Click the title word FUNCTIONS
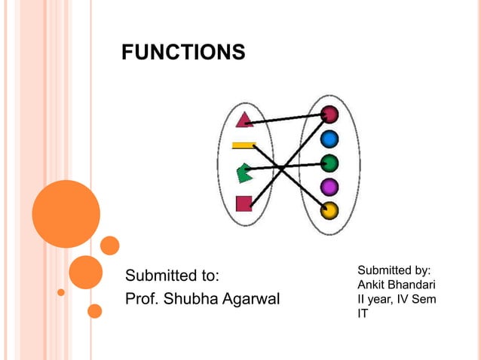pyautogui.click(x=183, y=52)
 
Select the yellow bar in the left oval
pyautogui.click(x=243, y=145)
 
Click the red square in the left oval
pyautogui.click(x=244, y=203)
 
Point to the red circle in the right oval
pyautogui.click(x=329, y=114)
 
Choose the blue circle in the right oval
pyautogui.click(x=329, y=139)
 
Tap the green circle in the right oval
pyautogui.click(x=329, y=162)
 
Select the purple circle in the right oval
pyautogui.click(x=329, y=186)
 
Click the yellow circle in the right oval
pyautogui.click(x=329, y=210)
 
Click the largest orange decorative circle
pyautogui.click(x=66, y=214)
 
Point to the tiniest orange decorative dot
pyautogui.click(x=61, y=291)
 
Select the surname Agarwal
pyautogui.click(x=252, y=299)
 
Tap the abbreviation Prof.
pyautogui.click(x=142, y=299)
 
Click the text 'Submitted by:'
pyautogui.click(x=394, y=270)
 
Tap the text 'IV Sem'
pyautogui.click(x=418, y=299)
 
